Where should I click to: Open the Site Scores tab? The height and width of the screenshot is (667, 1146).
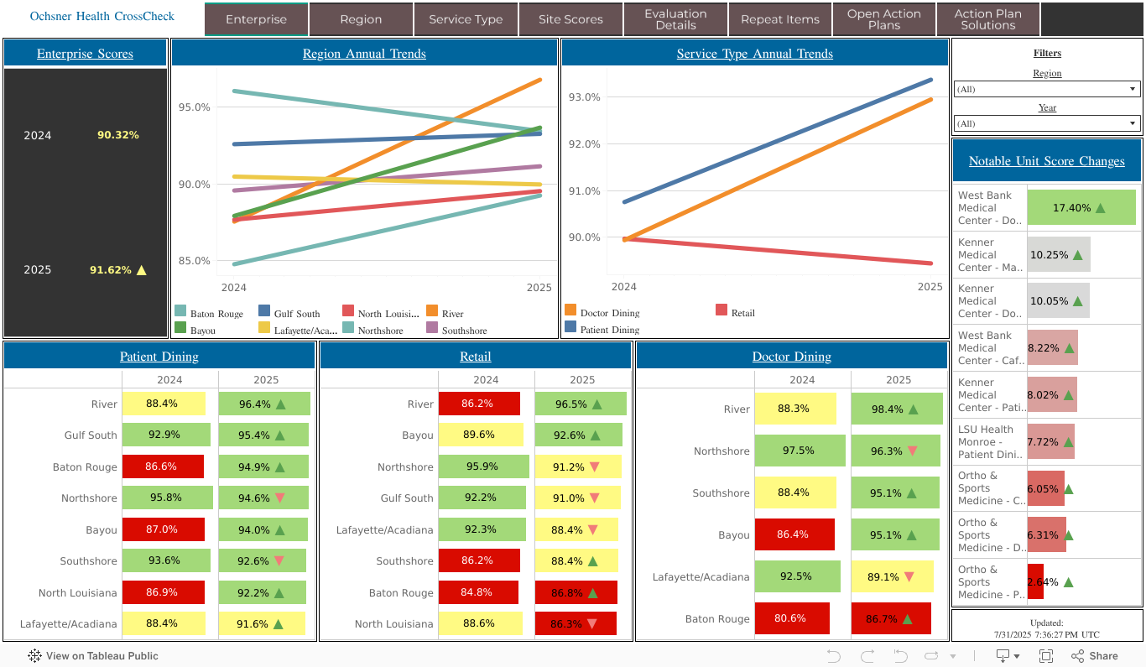tap(570, 19)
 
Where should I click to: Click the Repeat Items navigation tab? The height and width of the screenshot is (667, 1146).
tap(779, 19)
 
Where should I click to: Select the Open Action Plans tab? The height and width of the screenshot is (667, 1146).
tap(883, 19)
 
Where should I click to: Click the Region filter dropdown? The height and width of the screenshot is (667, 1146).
tap(1046, 89)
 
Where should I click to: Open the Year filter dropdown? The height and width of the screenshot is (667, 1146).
tap(1046, 123)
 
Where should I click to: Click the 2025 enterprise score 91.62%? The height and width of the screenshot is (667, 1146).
tap(111, 270)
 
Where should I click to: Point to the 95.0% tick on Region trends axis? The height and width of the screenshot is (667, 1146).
tap(195, 107)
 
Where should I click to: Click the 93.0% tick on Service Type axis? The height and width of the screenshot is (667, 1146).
tap(584, 97)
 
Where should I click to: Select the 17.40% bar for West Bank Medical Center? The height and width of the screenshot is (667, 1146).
tap(1081, 207)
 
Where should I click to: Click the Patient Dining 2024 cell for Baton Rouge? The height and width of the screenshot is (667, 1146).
tap(163, 466)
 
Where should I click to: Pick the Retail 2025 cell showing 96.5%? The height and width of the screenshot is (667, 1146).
tap(581, 404)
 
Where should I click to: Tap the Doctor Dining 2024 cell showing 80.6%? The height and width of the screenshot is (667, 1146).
tap(791, 618)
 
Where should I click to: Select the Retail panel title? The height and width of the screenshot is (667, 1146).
tap(476, 357)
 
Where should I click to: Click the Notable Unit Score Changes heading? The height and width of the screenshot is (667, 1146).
tap(1046, 161)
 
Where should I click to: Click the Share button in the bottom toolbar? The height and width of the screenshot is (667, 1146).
tap(1095, 656)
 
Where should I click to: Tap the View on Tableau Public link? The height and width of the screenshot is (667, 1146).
tap(93, 656)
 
